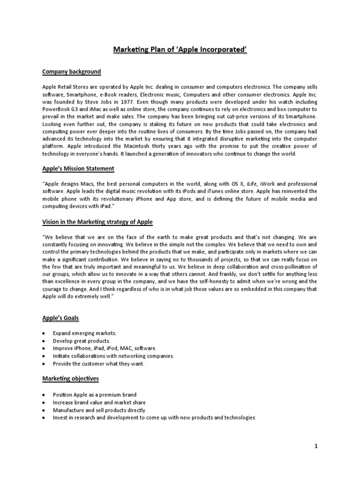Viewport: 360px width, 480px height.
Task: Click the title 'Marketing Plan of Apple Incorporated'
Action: pos(180,50)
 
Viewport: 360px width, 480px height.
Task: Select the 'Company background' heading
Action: pos(71,72)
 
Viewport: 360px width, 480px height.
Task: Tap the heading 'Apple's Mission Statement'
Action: pos(78,168)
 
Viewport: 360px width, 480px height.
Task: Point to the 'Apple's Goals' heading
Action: pos(60,318)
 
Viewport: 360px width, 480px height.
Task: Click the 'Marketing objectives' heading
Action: pos(70,378)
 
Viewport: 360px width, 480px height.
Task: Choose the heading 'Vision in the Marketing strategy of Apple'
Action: pos(97,222)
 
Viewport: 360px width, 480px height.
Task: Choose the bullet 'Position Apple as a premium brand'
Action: pos(95,395)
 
